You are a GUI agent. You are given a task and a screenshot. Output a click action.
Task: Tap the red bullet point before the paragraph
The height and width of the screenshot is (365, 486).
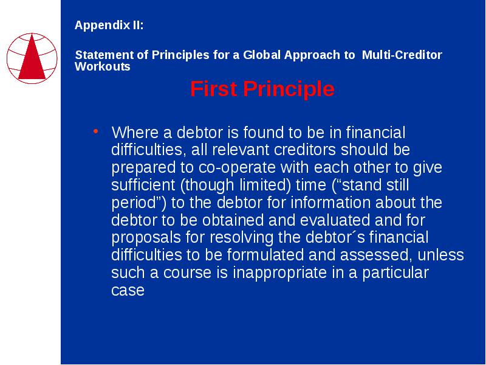[96, 131]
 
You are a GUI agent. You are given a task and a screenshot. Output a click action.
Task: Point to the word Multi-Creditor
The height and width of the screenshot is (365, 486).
[402, 55]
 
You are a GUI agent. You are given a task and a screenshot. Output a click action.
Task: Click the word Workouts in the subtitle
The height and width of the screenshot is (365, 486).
[103, 66]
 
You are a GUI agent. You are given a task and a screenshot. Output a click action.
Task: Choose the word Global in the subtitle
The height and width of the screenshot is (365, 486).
[262, 55]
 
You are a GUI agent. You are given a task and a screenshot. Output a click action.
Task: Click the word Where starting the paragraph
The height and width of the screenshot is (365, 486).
[135, 133]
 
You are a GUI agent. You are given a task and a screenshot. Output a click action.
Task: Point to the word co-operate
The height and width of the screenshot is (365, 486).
[237, 168]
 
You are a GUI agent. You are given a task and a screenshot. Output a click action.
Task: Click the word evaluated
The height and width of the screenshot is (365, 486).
[335, 220]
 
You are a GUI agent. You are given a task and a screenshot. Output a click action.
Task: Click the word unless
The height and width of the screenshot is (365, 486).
[441, 255]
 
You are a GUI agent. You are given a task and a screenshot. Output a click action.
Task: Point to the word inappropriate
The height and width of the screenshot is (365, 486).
[279, 273]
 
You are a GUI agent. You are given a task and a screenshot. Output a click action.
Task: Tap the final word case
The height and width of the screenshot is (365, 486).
[128, 290]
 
